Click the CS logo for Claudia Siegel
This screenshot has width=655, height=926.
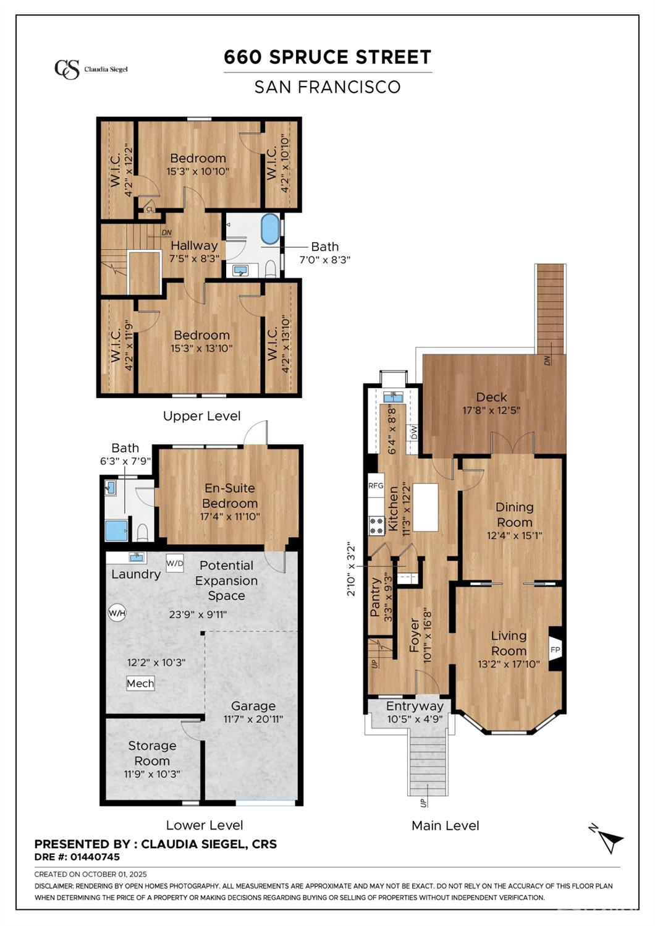point(67,69)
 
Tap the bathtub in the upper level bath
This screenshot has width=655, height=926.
point(270,230)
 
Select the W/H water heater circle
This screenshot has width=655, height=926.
point(117,613)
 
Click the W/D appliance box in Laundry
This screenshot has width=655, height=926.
point(175,563)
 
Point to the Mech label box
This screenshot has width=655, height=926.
point(140,683)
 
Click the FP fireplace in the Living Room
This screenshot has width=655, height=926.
point(555,650)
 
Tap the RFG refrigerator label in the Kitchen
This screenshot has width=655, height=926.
point(376,486)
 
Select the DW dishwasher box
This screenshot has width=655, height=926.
point(413,433)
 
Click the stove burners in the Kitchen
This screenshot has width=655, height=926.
point(376,526)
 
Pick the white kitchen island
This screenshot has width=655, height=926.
point(425,508)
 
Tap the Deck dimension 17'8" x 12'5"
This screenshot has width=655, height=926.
point(491,410)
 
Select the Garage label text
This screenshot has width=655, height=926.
point(253,706)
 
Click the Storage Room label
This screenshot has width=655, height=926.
point(152,753)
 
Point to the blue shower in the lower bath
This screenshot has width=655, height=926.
point(117,531)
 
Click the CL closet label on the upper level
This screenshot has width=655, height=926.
point(150,210)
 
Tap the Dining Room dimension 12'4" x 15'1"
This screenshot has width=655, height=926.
point(515,536)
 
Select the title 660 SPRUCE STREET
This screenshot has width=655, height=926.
point(327,57)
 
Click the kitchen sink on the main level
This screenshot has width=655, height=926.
point(392,397)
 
